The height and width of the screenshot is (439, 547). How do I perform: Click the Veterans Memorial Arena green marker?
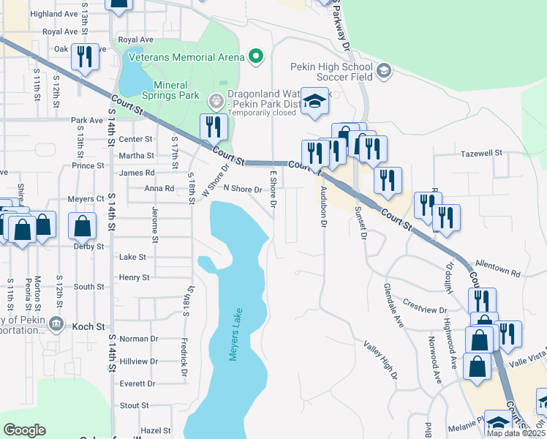click(x=255, y=56)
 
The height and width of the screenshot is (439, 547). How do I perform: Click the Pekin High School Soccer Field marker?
click(x=384, y=71)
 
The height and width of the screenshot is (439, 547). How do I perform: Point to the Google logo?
click(x=24, y=430)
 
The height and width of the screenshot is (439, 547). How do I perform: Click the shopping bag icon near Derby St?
click(x=83, y=226)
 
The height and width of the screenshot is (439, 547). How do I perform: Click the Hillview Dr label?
click(x=138, y=361)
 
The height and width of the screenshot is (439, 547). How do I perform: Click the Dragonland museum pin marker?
click(x=215, y=100)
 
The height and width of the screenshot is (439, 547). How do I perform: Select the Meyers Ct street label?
click(x=87, y=199)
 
